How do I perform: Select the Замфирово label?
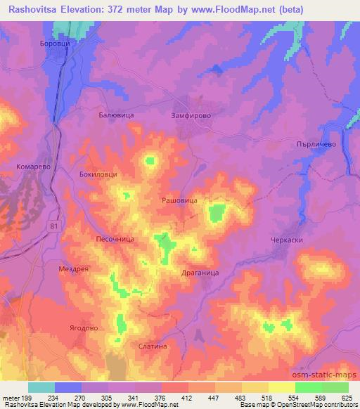pos(191,114)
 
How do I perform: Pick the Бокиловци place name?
pos(98,174)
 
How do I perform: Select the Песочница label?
pos(115,239)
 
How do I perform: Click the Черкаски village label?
pos(286,240)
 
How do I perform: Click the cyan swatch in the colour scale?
pos(41,387)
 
